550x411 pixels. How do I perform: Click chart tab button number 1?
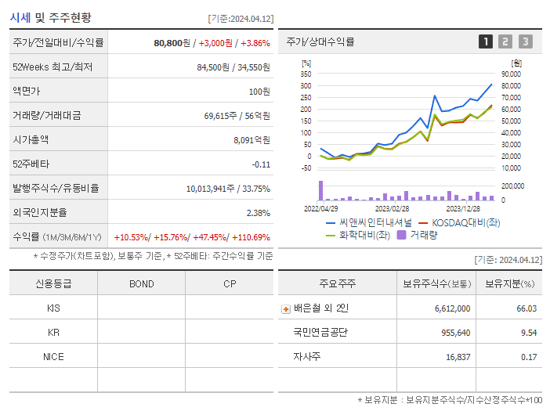pyautogui.click(x=486, y=41)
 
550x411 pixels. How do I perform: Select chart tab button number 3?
pyautogui.click(x=525, y=41)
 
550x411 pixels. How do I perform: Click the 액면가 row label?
pyautogui.click(x=31, y=91)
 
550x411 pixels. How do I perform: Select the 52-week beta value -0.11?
pyautogui.click(x=261, y=164)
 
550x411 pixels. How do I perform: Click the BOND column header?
pyautogui.click(x=142, y=283)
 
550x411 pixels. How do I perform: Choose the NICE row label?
pyautogui.click(x=53, y=356)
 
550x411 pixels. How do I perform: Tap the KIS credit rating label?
pyautogui.click(x=53, y=308)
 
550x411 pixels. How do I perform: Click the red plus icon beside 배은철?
pyautogui.click(x=286, y=308)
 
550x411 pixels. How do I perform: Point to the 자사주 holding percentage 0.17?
pyautogui.click(x=526, y=356)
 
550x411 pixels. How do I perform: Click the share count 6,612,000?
pyautogui.click(x=452, y=308)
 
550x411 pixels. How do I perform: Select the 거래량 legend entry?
pyautogui.click(x=418, y=234)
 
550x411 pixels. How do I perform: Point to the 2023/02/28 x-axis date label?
pyautogui.click(x=392, y=209)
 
